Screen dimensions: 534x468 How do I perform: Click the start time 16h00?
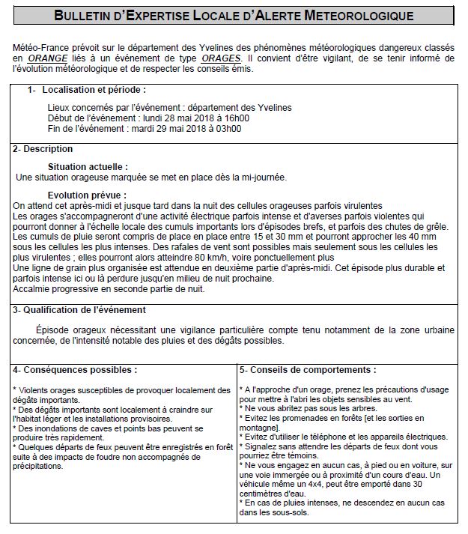click(235, 118)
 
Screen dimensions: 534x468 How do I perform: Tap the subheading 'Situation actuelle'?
click(87, 166)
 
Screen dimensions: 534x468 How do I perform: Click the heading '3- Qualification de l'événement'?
click(79, 310)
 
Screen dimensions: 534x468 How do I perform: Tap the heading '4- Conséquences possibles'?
click(75, 370)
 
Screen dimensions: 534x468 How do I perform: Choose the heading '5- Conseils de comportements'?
click(308, 370)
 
